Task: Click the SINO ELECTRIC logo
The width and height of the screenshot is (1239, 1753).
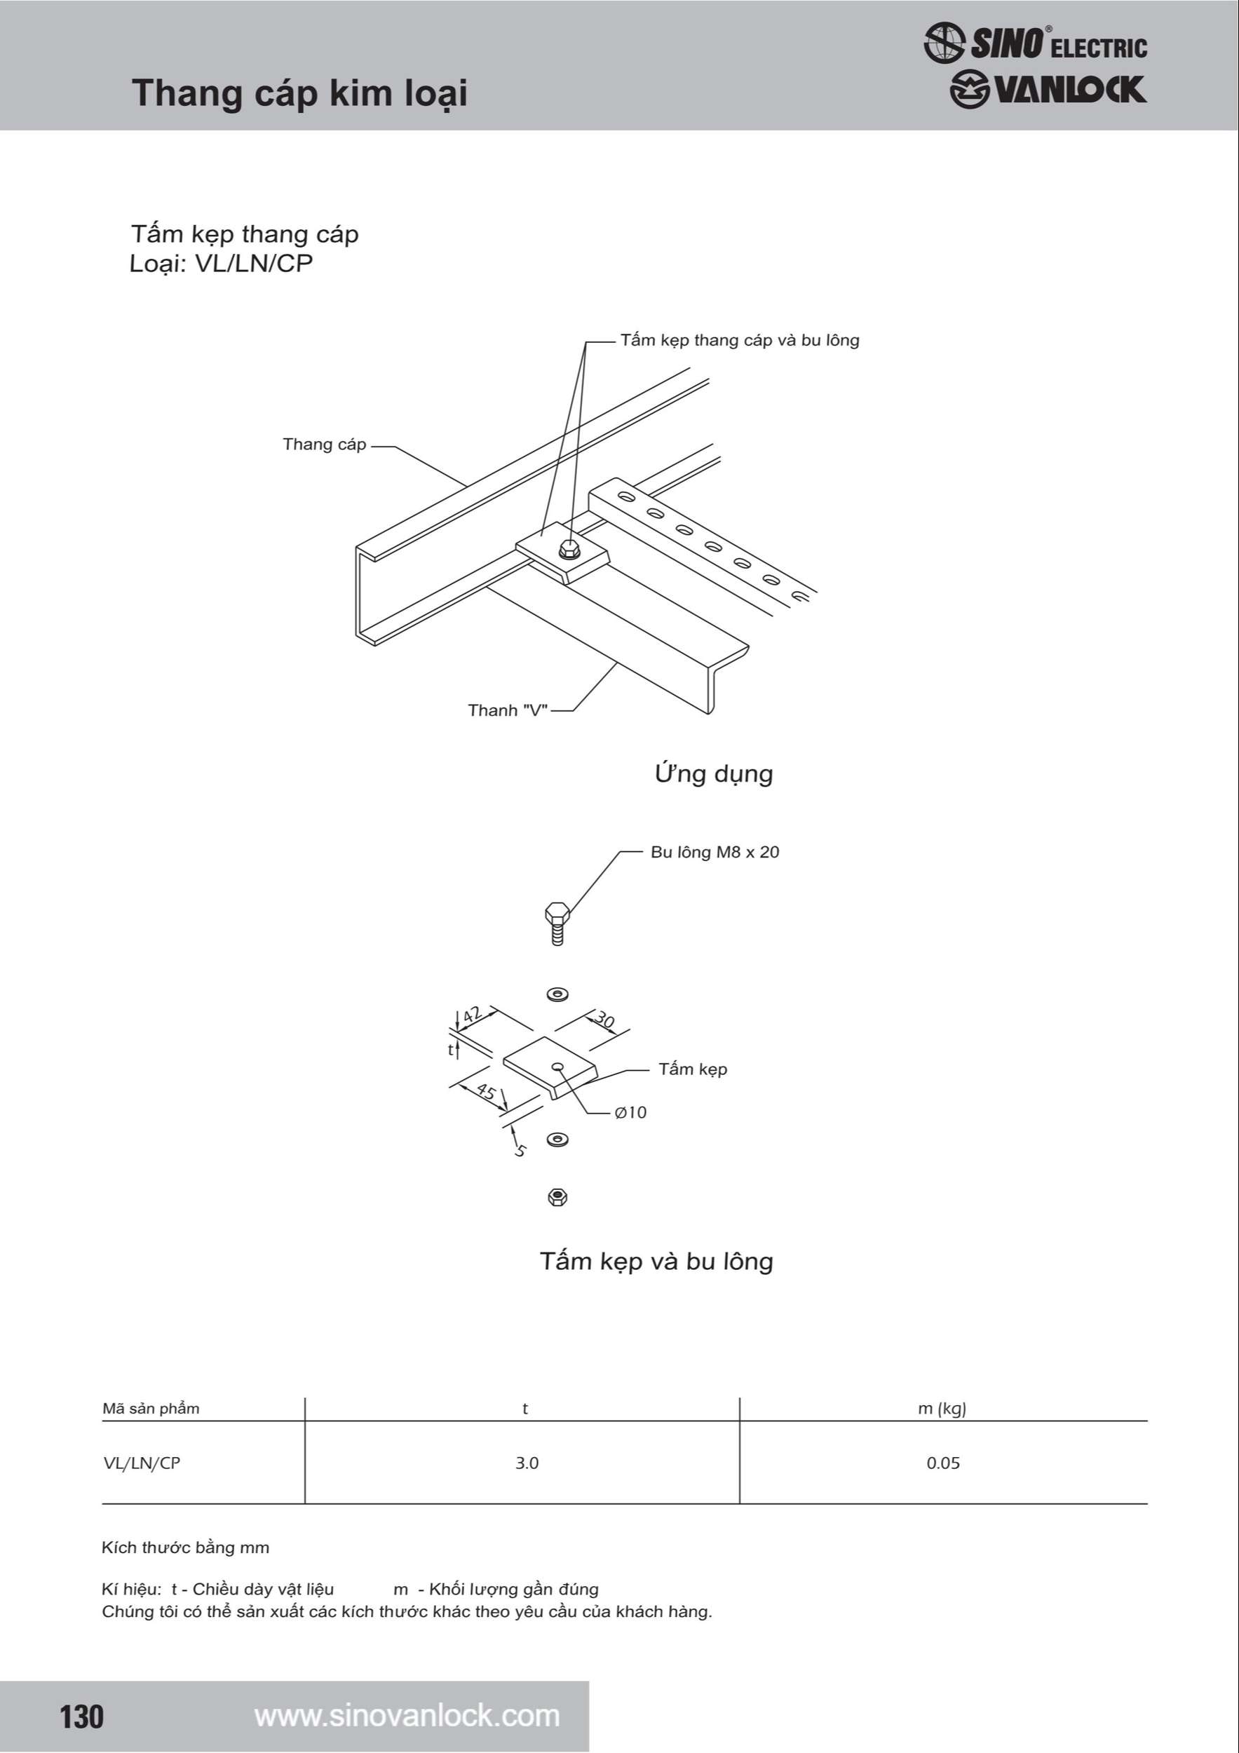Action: pos(1035,43)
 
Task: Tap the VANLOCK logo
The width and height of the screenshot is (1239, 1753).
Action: pos(1048,89)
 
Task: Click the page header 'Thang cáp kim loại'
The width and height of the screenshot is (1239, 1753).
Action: pos(299,94)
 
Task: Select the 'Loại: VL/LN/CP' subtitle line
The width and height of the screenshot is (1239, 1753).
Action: pos(221,264)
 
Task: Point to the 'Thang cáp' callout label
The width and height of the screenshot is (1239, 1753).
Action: pos(325,445)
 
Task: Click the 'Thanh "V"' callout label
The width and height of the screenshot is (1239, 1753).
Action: pos(508,710)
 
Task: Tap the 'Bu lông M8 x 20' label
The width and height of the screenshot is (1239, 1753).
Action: pos(715,852)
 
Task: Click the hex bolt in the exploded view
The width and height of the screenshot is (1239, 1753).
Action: pos(557,922)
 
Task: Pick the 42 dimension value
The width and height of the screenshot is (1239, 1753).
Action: pos(473,1015)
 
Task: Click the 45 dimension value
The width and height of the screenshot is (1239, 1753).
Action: pos(485,1090)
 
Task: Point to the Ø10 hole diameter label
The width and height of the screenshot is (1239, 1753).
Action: pos(630,1112)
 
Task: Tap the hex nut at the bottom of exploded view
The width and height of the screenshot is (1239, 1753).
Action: pos(557,1197)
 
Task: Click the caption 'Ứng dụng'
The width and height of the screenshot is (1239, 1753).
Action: pos(714,773)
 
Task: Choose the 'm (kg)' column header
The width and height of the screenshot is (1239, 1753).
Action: pos(942,1409)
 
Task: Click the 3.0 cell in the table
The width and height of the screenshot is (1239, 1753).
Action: pos(527,1463)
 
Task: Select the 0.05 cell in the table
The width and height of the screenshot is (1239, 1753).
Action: pos(943,1463)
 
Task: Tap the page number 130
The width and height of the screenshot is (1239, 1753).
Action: pos(81,1717)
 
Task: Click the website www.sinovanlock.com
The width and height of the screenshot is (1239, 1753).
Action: pos(407,1716)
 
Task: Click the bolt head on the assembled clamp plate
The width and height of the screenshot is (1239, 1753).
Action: pos(568,549)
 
